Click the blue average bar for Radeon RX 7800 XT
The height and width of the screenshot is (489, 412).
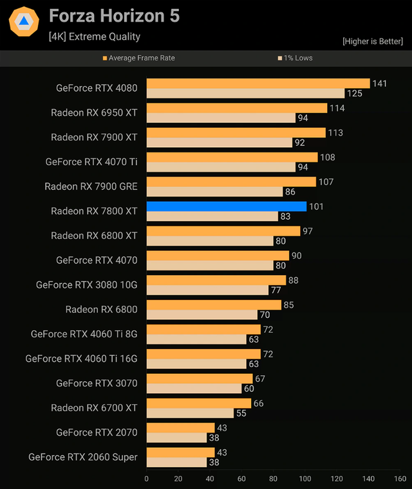[x=226, y=206]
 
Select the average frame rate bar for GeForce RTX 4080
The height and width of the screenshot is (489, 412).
[x=258, y=84]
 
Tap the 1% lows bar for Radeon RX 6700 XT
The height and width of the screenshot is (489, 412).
[x=190, y=413]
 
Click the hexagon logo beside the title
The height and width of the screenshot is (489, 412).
[x=24, y=21]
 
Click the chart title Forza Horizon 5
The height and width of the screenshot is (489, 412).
[x=114, y=16]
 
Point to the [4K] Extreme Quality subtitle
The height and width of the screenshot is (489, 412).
[x=94, y=37]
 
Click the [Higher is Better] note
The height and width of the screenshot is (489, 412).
[x=373, y=41]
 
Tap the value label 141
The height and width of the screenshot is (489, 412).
[x=380, y=84]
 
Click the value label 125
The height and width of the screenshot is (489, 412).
[x=355, y=94]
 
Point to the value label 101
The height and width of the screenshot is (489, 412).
[x=316, y=207]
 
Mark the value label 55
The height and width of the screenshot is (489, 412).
[x=241, y=413]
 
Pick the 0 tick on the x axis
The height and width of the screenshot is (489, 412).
[x=147, y=479]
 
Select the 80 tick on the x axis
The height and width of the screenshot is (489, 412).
[x=274, y=479]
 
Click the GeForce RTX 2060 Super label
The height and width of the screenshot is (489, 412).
[x=83, y=457]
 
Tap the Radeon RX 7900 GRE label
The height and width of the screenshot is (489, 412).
[x=91, y=186]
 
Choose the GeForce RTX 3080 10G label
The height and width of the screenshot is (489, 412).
[x=87, y=285]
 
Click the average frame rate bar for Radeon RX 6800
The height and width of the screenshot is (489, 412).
[x=214, y=305]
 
